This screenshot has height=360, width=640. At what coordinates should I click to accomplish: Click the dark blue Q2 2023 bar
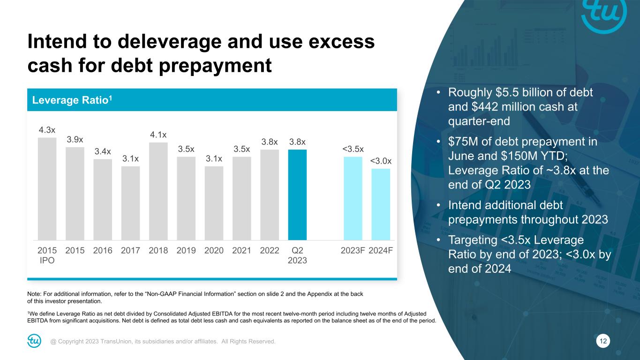[x=297, y=195]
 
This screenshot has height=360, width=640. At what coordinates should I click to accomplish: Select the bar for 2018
[x=158, y=191]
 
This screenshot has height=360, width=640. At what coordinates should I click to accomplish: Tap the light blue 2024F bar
[x=381, y=204]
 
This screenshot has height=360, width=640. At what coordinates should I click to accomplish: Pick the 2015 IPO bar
[x=47, y=188]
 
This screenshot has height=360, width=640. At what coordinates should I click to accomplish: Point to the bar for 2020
[x=214, y=203]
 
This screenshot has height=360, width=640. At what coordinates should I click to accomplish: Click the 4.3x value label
[x=47, y=129]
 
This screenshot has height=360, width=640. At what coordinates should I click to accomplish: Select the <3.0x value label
[x=381, y=161]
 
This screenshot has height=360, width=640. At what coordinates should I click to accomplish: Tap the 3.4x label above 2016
[x=103, y=151]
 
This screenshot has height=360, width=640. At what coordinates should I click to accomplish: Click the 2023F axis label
[x=353, y=250]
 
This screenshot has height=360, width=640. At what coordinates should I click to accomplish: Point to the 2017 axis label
[x=130, y=250]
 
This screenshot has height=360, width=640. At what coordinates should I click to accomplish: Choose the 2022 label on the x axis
[x=270, y=250]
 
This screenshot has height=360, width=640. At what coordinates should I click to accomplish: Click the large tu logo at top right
[x=604, y=15]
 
